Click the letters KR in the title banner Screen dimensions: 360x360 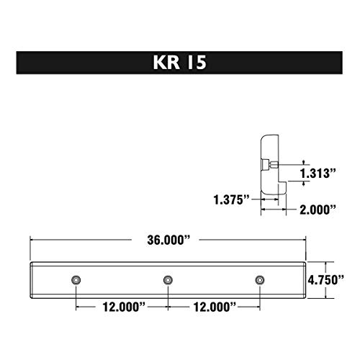point(165,62)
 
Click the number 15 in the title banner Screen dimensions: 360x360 point(197,62)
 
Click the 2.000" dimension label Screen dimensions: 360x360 point(319,210)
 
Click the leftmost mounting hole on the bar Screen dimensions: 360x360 point(76,279)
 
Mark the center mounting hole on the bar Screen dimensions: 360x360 point(168,279)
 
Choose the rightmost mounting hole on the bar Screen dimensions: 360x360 point(259,279)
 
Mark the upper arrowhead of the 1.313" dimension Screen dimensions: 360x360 point(303,163)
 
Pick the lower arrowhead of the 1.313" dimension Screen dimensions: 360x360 point(303,183)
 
